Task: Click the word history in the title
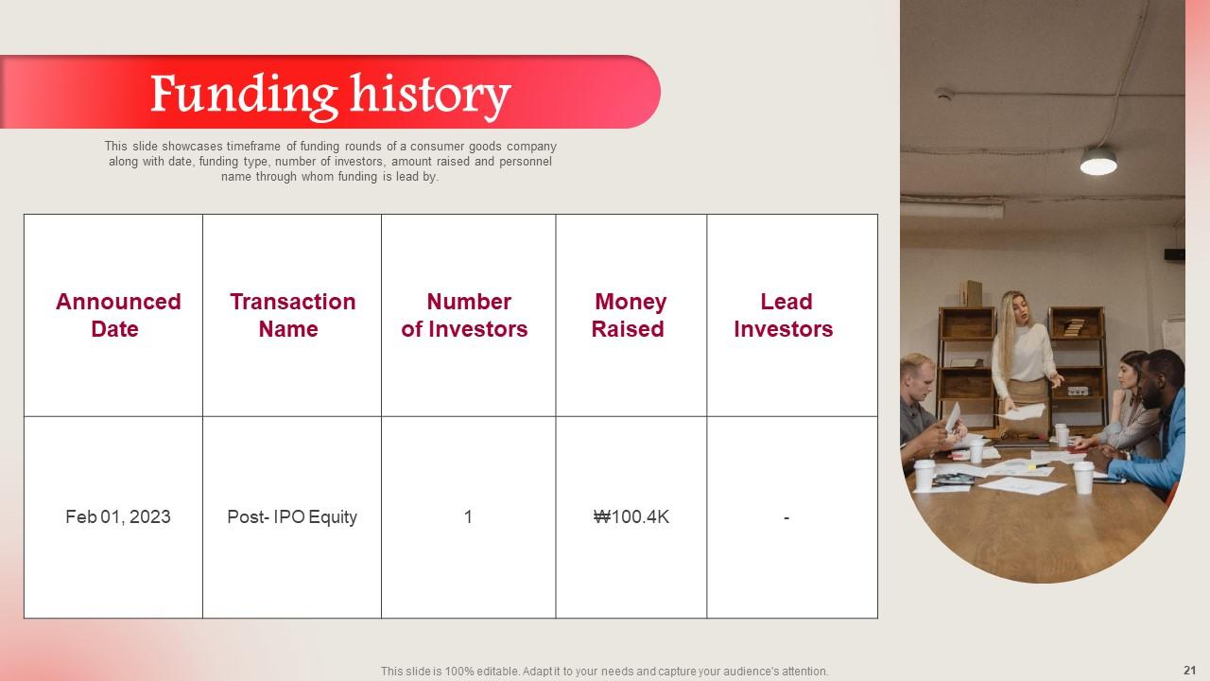tap(430, 96)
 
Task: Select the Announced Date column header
tap(118, 315)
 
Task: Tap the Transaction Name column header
tap(292, 315)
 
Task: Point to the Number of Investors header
tap(464, 315)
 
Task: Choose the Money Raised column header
tap(630, 315)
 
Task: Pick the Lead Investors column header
tap(784, 315)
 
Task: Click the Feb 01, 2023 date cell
tap(118, 516)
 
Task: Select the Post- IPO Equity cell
tap(292, 517)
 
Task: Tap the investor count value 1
tap(468, 516)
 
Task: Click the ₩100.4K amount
tap(631, 516)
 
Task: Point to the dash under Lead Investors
tap(786, 517)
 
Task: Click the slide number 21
tap(1189, 671)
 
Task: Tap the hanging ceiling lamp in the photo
tap(1098, 161)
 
